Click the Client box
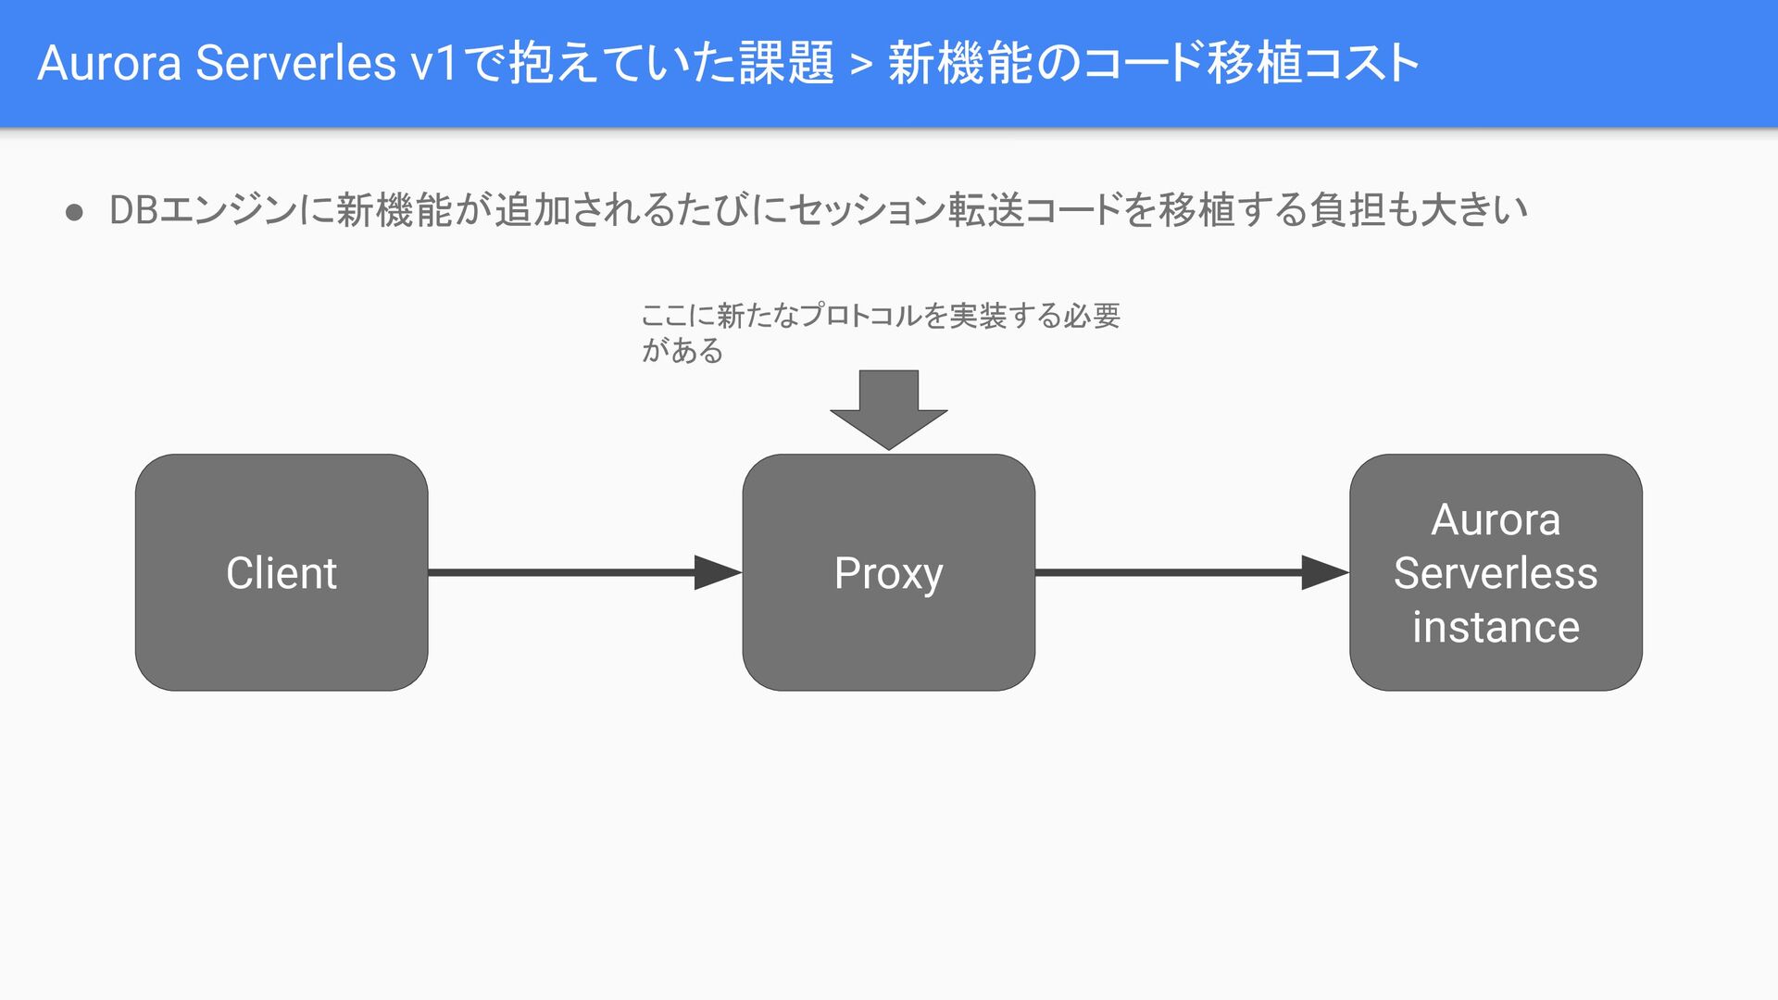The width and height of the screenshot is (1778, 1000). click(x=282, y=572)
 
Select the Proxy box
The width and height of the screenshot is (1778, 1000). click(x=888, y=572)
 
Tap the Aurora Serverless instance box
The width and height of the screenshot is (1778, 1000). click(x=1496, y=572)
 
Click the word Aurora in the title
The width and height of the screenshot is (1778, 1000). click(x=108, y=63)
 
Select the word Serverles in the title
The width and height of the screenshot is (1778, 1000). click(x=296, y=63)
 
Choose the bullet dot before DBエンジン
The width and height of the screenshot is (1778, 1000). click(x=75, y=212)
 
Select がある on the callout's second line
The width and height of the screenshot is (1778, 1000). click(x=682, y=351)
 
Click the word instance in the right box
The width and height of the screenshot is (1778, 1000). click(x=1496, y=627)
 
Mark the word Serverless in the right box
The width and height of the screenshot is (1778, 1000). click(x=1496, y=573)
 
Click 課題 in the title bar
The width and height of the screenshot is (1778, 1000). click(x=787, y=63)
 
